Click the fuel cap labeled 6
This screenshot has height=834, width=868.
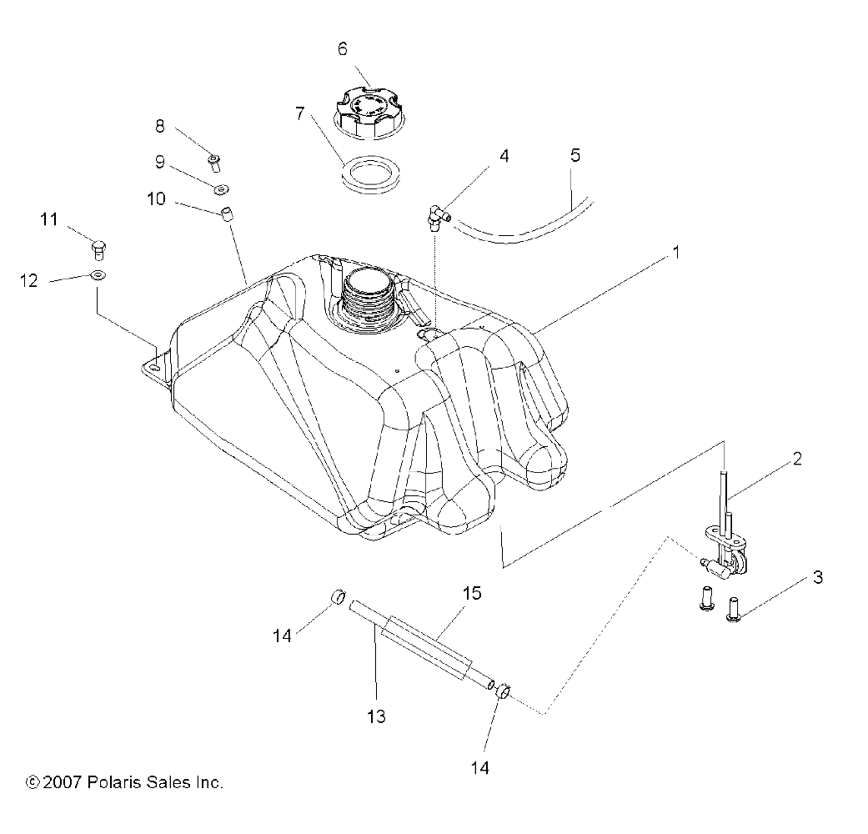click(369, 110)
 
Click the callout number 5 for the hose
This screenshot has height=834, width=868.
click(575, 156)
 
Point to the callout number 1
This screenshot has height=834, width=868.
click(677, 251)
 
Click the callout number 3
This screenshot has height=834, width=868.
click(818, 576)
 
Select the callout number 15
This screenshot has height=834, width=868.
click(472, 593)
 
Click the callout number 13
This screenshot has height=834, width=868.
click(377, 716)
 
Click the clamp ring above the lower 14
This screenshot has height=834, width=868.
click(504, 691)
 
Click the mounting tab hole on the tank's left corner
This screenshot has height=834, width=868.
click(153, 364)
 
